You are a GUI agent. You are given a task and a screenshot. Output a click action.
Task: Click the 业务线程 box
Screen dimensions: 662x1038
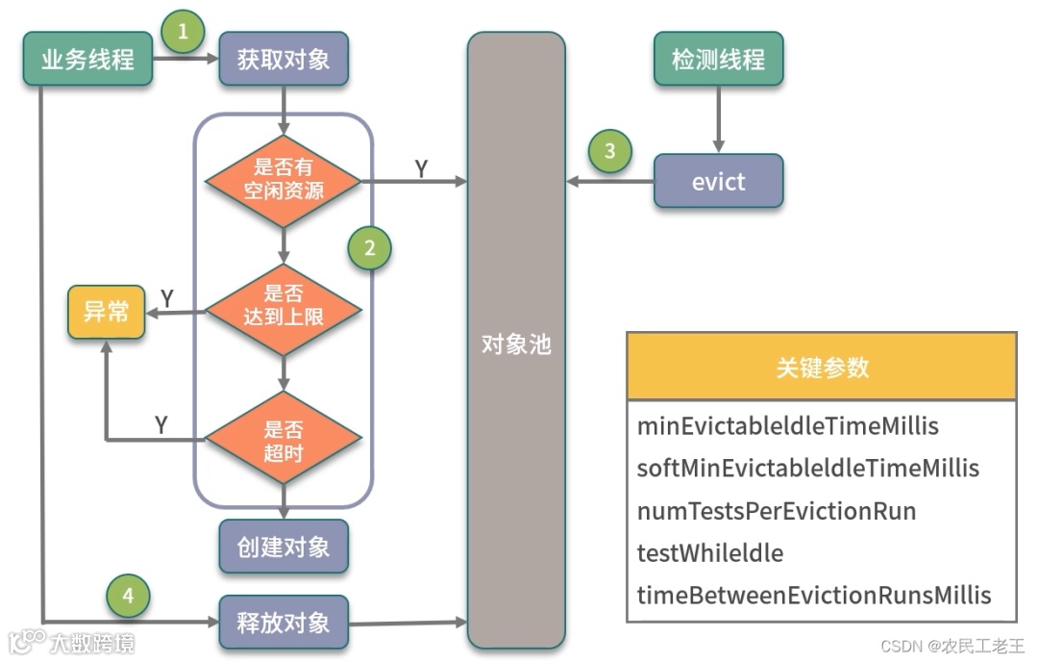[87, 60]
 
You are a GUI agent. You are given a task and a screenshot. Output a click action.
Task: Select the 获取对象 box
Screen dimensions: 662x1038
[284, 60]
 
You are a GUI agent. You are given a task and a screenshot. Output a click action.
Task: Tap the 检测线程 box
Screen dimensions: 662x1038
[718, 60]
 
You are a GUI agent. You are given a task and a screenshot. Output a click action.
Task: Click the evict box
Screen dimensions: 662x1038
[718, 181]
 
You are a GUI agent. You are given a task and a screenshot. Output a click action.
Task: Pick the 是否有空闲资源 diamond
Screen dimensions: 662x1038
[284, 179]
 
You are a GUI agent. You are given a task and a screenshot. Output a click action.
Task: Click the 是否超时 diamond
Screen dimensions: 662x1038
[284, 439]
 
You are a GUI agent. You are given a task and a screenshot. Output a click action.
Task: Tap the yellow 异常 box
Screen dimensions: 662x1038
[106, 312]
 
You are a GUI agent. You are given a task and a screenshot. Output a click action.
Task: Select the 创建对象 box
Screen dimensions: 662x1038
[284, 547]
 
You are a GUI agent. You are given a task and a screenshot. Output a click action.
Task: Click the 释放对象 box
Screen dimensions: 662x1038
[284, 623]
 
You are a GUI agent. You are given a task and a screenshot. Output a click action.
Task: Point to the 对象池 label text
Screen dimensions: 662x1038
[516, 344]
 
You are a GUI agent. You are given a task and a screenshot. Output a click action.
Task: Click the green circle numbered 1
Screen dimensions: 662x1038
[183, 34]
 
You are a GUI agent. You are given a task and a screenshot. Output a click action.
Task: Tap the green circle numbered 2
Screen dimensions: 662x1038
[370, 249]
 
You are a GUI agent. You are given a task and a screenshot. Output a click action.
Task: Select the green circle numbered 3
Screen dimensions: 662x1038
[610, 151]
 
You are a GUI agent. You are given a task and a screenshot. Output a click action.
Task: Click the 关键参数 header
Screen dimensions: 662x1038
[822, 367]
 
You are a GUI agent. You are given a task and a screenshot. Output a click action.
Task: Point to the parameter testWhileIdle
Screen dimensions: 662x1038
[710, 553]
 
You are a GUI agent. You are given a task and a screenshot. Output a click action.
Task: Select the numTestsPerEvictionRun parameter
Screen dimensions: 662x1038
[777, 511]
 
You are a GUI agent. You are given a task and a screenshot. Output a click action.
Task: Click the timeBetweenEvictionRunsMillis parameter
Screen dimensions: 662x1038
[813, 596]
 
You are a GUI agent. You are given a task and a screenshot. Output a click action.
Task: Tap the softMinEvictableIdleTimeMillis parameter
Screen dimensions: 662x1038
[807, 469]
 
